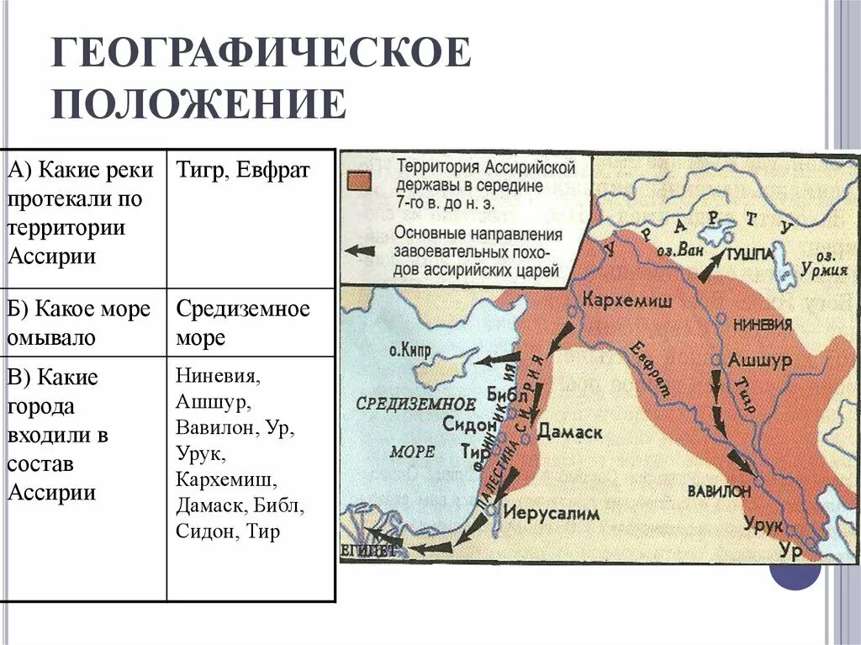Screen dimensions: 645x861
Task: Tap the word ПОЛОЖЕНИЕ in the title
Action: pos(199,104)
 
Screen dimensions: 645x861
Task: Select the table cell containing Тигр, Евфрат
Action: pos(243,171)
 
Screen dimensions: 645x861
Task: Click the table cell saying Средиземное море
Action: pos(243,323)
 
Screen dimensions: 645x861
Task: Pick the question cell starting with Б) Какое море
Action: pos(82,323)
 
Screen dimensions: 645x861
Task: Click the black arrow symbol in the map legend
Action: pos(360,251)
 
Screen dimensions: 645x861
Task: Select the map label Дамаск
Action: pos(570,432)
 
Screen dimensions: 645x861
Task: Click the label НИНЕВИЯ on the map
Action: pos(763,324)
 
